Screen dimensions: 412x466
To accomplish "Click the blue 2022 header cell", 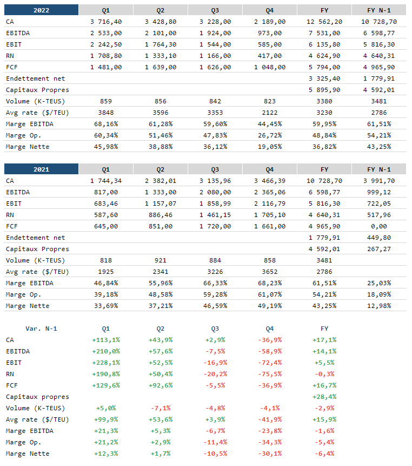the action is tap(41, 10).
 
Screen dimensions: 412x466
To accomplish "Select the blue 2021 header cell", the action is tap(41, 169).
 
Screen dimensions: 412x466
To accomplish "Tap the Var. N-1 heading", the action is tap(41, 329).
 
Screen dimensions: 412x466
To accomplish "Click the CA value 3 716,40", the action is tap(106, 22).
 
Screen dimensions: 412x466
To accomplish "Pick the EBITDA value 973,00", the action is tap(270, 33).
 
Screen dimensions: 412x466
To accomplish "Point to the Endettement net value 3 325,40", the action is tap(324, 78).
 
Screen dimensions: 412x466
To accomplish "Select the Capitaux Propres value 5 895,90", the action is tap(324, 90).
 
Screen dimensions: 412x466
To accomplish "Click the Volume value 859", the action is tap(106, 101).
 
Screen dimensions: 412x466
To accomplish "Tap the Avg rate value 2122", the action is tap(270, 113).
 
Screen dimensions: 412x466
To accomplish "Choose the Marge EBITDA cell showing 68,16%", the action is tap(106, 124).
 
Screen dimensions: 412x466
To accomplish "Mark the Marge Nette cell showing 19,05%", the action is tap(270, 147).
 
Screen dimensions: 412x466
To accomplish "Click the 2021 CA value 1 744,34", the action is tap(106, 181).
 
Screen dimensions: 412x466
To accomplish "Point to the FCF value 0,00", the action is tap(379, 226).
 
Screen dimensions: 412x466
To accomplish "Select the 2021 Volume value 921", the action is tap(161, 260).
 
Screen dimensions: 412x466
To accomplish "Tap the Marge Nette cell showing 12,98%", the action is tap(379, 306).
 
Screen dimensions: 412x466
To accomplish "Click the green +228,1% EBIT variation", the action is tap(106, 363).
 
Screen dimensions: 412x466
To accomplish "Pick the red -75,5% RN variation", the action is tap(270, 374).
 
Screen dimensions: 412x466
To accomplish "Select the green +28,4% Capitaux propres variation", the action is tap(324, 397).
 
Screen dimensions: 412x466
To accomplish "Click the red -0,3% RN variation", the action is tap(324, 374).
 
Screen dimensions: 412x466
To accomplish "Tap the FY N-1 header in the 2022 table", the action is tap(379, 10).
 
